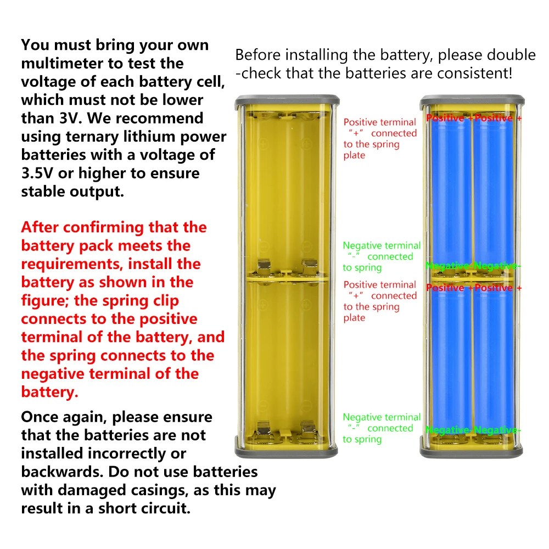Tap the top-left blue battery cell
pos(451,191)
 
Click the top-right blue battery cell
pos(494,191)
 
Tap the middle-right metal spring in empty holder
pos(309,268)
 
